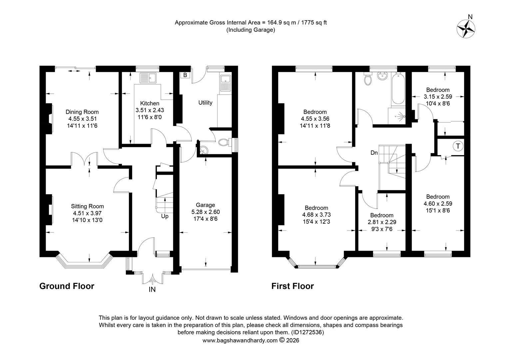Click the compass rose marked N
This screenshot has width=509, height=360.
click(x=466, y=28)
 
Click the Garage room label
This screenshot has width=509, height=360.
click(x=205, y=205)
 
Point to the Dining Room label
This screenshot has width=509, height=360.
click(x=82, y=112)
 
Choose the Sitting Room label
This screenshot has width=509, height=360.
click(x=87, y=206)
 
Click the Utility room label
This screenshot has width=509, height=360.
click(x=205, y=103)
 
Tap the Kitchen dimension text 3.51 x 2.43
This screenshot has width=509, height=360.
click(x=150, y=110)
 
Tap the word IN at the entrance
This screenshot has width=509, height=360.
click(x=152, y=290)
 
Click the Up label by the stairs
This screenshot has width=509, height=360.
click(x=165, y=216)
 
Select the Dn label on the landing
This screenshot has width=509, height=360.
click(x=374, y=153)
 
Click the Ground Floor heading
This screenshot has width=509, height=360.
click(x=67, y=286)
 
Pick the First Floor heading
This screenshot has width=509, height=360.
click(x=292, y=286)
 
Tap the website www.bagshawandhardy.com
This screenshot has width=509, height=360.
click(x=240, y=340)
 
